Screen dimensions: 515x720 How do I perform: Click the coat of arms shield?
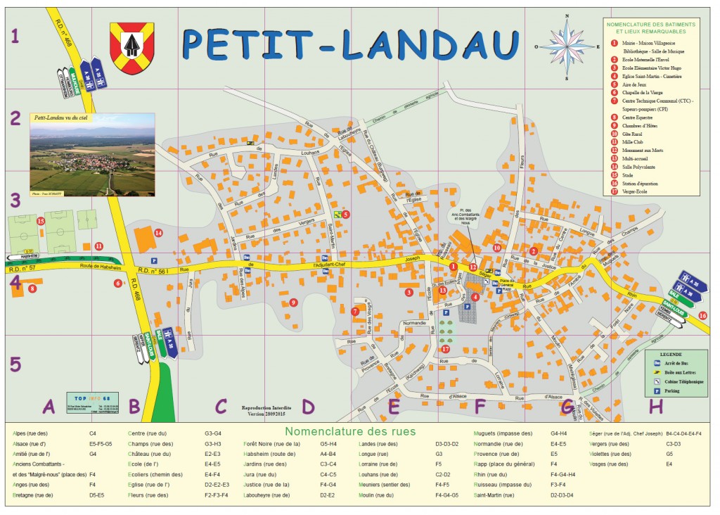pyautogui.click(x=131, y=48)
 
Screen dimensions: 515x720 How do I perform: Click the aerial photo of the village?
pyautogui.click(x=92, y=155)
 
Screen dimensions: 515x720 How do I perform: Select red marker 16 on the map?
pyautogui.click(x=703, y=315)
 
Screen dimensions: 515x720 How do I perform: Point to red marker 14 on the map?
pyautogui.click(x=158, y=232)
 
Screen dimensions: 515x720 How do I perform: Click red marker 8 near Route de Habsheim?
pyautogui.click(x=32, y=288)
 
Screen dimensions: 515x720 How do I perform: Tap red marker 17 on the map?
pyautogui.click(x=445, y=348)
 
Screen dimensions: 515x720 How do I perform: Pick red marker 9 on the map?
pyautogui.click(x=294, y=303)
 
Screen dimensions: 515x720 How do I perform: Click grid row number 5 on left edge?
pyautogui.click(x=15, y=364)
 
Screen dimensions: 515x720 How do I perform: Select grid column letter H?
pyautogui.click(x=655, y=406)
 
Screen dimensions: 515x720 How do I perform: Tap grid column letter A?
pyautogui.click(x=49, y=406)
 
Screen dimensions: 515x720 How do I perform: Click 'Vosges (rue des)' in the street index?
pyautogui.click(x=608, y=464)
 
